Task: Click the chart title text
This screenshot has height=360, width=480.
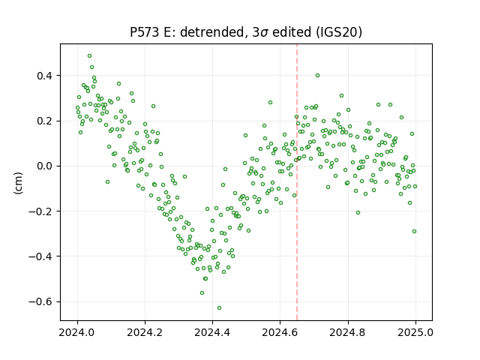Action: pyautogui.click(x=246, y=31)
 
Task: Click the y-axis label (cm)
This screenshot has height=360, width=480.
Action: pyautogui.click(x=18, y=182)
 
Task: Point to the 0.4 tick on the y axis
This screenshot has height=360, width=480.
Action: pyautogui.click(x=45, y=76)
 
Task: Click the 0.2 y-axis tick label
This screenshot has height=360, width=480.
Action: pyautogui.click(x=45, y=121)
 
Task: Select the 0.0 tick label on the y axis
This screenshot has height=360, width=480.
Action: pyautogui.click(x=45, y=166)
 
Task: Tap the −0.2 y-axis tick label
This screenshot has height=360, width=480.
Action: pyautogui.click(x=41, y=211)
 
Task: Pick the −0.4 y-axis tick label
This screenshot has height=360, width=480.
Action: pyautogui.click(x=41, y=256)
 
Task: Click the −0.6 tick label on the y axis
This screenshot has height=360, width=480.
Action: pyautogui.click(x=41, y=301)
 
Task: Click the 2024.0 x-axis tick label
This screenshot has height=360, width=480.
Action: pyautogui.click(x=77, y=332)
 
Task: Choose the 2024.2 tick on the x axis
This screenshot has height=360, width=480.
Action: pyautogui.click(x=145, y=332)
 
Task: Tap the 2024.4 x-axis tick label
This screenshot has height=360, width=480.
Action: pyautogui.click(x=212, y=332)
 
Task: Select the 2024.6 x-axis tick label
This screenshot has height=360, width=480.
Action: pyautogui.click(x=280, y=332)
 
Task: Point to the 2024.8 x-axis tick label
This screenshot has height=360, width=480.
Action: pyautogui.click(x=348, y=332)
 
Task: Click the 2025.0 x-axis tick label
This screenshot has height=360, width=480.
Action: pyautogui.click(x=415, y=332)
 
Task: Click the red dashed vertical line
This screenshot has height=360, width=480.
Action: pyautogui.click(x=297, y=182)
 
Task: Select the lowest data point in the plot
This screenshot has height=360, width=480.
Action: pyautogui.click(x=219, y=308)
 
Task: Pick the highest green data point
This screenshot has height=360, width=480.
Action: pyautogui.click(x=90, y=56)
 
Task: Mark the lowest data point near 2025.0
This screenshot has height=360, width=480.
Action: pyautogui.click(x=415, y=232)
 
